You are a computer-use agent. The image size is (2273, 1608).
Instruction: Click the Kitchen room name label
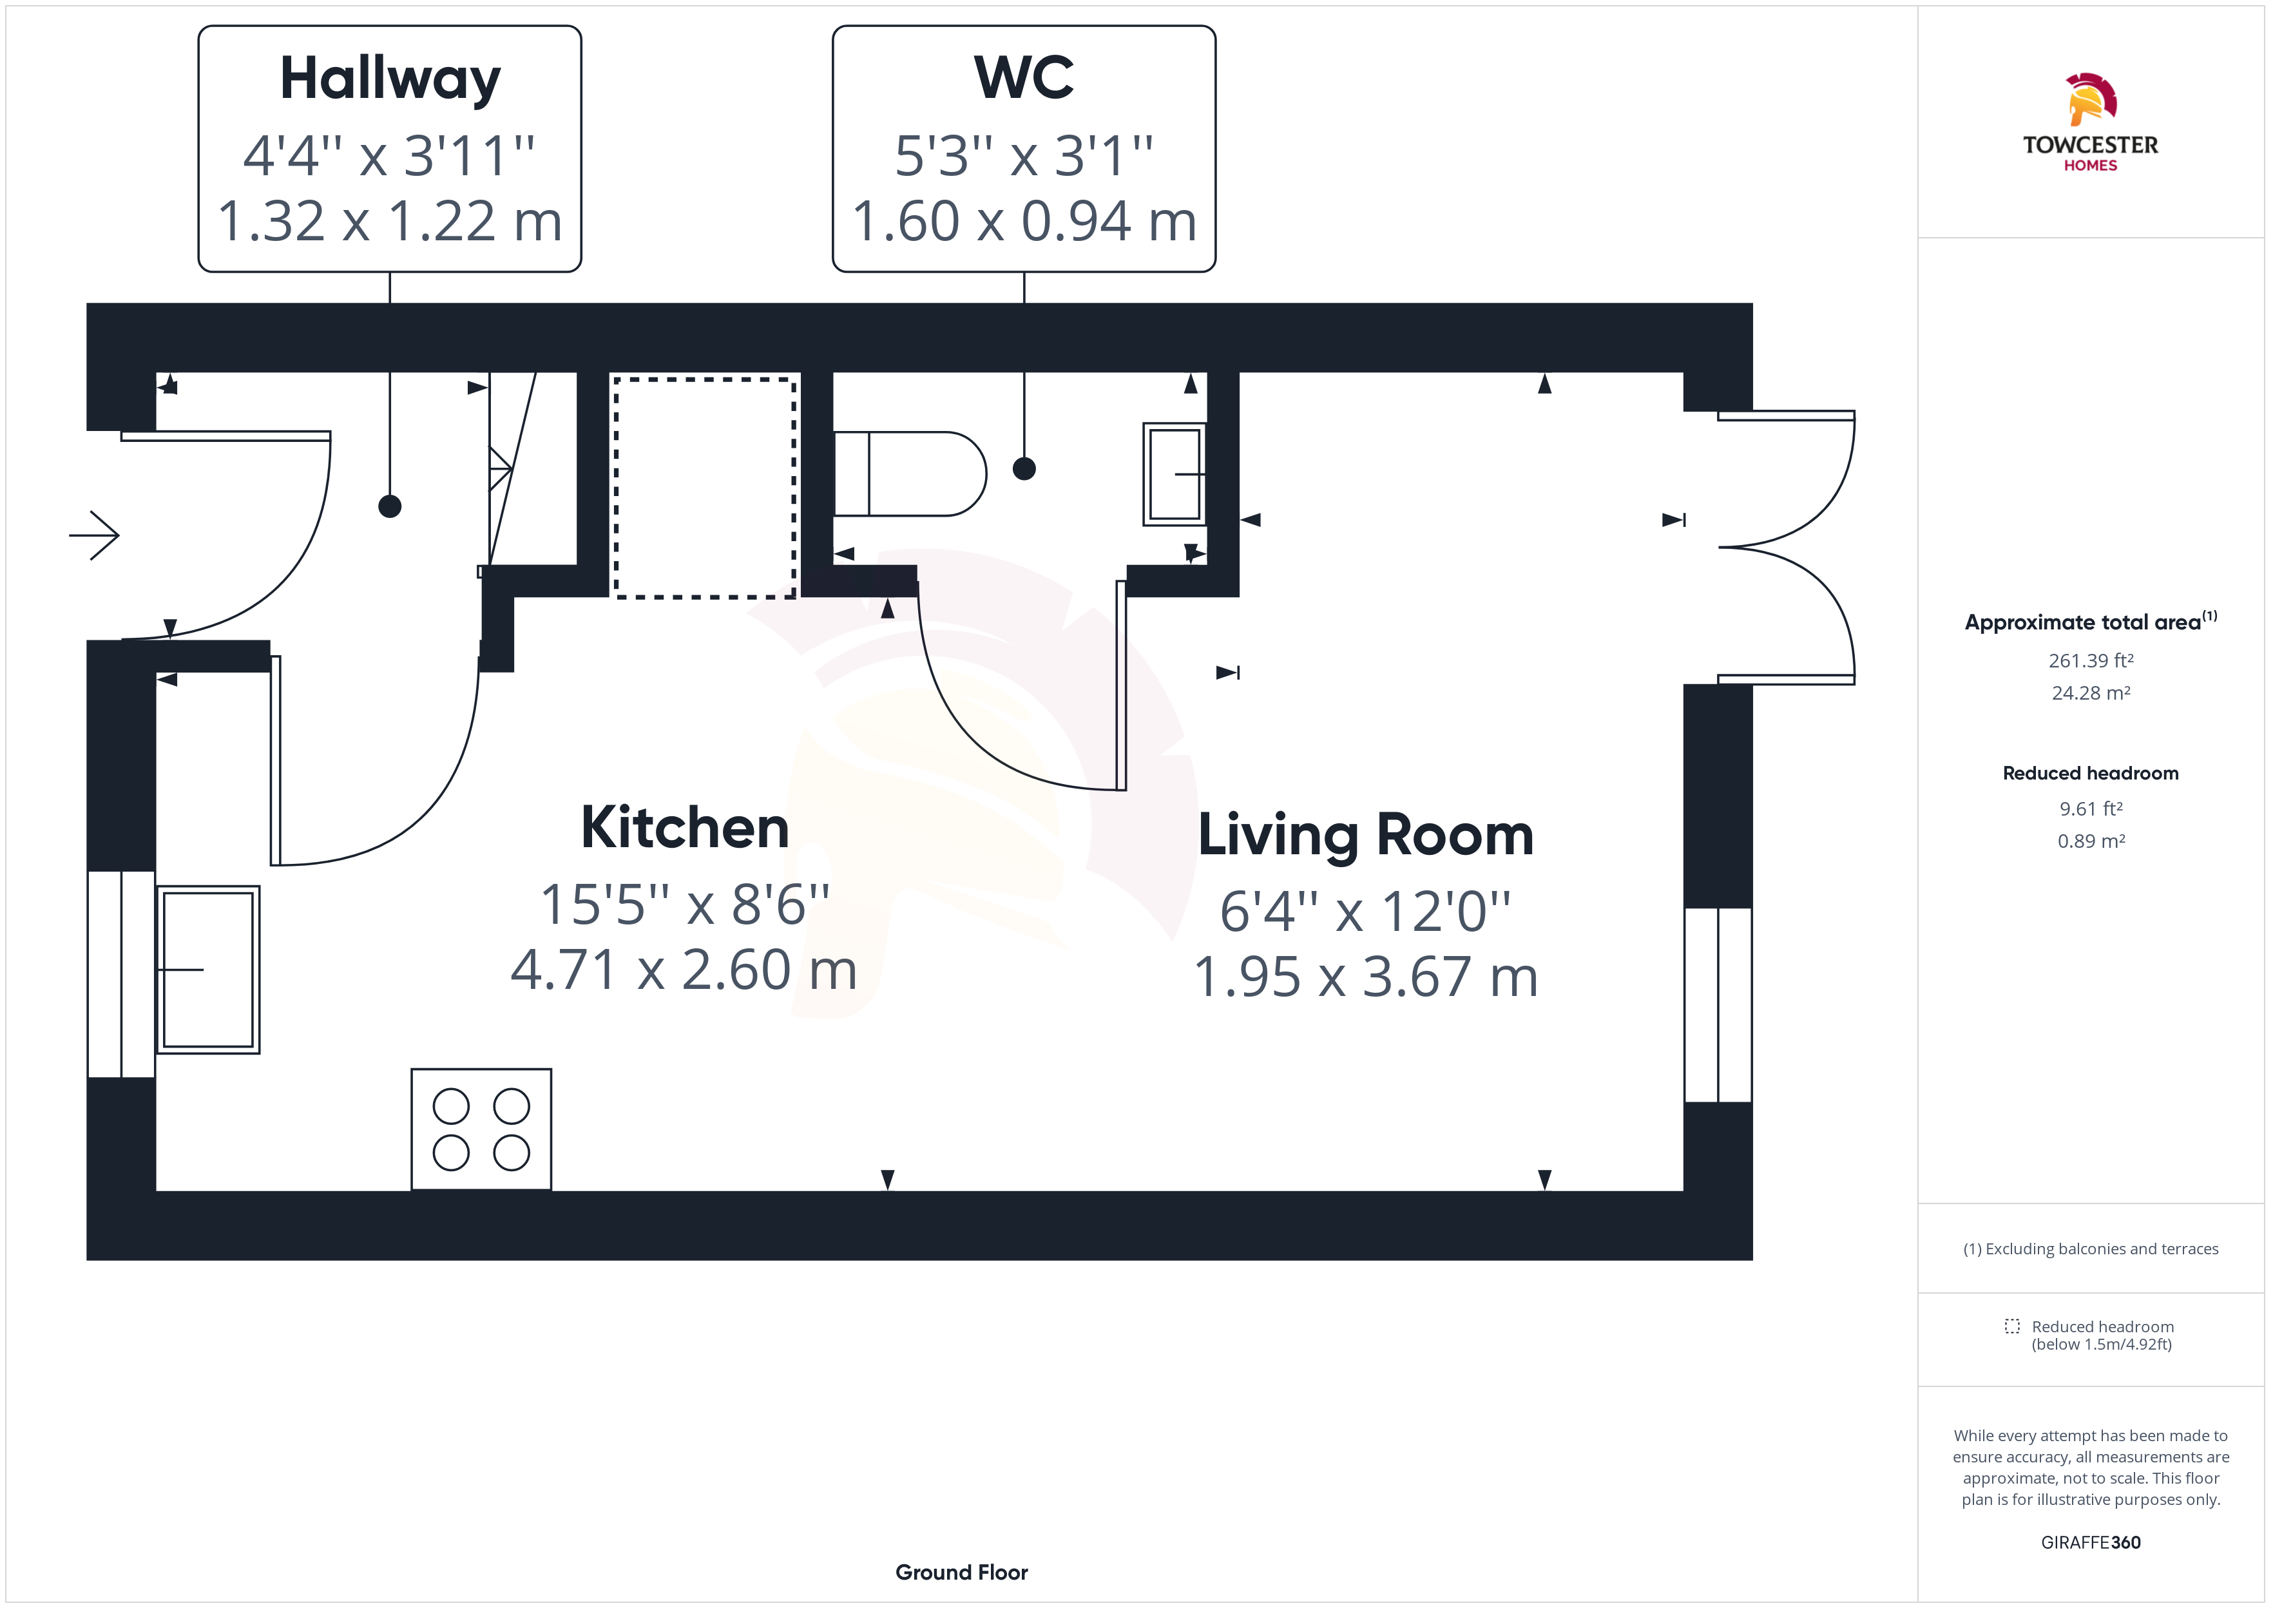tap(684, 828)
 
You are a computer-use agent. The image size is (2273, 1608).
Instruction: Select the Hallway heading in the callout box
tap(390, 79)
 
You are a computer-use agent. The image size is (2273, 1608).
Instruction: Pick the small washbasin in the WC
tap(1174, 474)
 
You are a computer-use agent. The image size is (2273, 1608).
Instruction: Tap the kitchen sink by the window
tap(208, 970)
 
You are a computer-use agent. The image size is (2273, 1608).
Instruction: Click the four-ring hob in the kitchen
tap(481, 1129)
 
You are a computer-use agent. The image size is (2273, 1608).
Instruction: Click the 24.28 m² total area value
tap(2091, 693)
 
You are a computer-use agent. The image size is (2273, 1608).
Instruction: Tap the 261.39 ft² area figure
tap(2091, 660)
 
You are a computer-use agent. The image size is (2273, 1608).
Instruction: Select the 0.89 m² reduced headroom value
tap(2091, 841)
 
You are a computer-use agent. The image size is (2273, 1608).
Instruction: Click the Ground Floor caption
tap(961, 1573)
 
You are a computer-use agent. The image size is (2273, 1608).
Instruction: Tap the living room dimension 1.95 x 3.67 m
tap(1365, 977)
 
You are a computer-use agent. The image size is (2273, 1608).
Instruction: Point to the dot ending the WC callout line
tap(1024, 468)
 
